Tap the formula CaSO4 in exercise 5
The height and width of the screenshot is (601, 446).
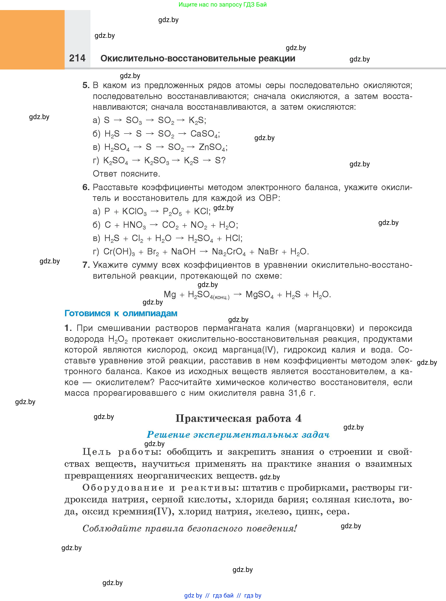[204, 134]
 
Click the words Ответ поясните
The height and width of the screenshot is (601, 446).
[126, 174]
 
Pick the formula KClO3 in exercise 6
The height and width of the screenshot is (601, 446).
[134, 212]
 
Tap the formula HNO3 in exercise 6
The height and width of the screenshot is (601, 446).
[134, 225]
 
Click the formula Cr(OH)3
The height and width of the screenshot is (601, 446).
[119, 252]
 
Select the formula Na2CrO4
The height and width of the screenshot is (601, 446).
[229, 252]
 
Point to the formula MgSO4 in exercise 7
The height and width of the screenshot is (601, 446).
[259, 295]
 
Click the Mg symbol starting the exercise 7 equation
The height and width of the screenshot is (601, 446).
[170, 294]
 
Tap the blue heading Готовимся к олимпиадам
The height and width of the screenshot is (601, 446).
[121, 313]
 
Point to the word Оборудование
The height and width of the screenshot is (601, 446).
[123, 488]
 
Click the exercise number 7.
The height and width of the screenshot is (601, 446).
[86, 265]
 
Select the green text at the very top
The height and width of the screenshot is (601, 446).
[222, 5]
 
